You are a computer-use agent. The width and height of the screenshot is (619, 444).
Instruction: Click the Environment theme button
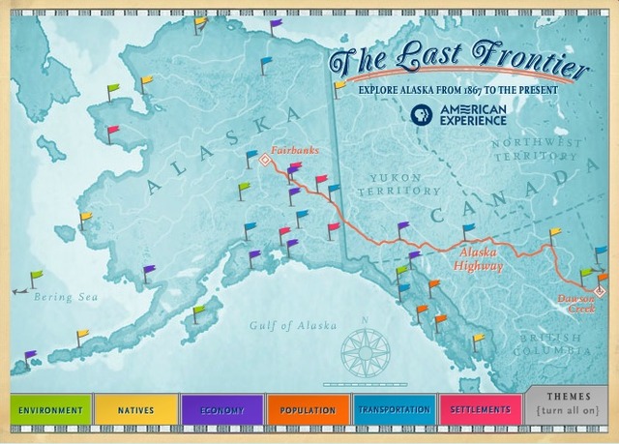[50, 410]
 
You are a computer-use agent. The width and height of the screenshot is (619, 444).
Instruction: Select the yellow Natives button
[136, 410]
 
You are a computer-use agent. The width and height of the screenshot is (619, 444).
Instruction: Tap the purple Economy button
[221, 410]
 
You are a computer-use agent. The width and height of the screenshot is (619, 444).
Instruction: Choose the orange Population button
[308, 410]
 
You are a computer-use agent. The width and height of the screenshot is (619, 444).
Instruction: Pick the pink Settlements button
[481, 410]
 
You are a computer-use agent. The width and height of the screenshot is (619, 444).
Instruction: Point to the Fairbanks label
[294, 151]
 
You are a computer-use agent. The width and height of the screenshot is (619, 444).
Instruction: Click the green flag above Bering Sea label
[36, 277]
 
